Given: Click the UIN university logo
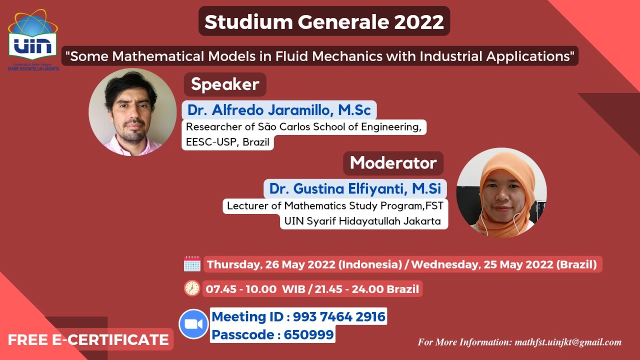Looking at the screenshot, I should click(x=33, y=42).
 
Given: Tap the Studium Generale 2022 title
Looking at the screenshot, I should click(x=324, y=21).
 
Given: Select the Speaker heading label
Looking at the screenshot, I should click(x=224, y=84).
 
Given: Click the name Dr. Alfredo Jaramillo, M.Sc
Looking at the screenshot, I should click(x=279, y=110).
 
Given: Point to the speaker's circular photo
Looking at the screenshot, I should click(x=132, y=112).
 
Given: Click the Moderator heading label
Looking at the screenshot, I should click(x=393, y=162).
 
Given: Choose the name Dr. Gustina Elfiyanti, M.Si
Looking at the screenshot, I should click(x=355, y=188).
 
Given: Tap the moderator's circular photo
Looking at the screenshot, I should click(x=501, y=192).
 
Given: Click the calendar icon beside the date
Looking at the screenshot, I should click(x=192, y=264).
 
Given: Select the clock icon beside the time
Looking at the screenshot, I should click(x=192, y=288).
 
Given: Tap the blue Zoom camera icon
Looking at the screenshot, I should click(x=193, y=324).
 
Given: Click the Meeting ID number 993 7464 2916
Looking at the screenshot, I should click(x=339, y=316).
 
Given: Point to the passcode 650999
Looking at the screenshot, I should click(x=308, y=334).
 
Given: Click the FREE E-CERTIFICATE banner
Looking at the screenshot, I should click(x=88, y=340).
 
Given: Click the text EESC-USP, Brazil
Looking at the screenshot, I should click(x=227, y=142).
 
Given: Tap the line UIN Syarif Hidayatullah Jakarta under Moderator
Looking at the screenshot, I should click(x=363, y=221).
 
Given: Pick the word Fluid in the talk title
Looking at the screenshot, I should click(x=291, y=55).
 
